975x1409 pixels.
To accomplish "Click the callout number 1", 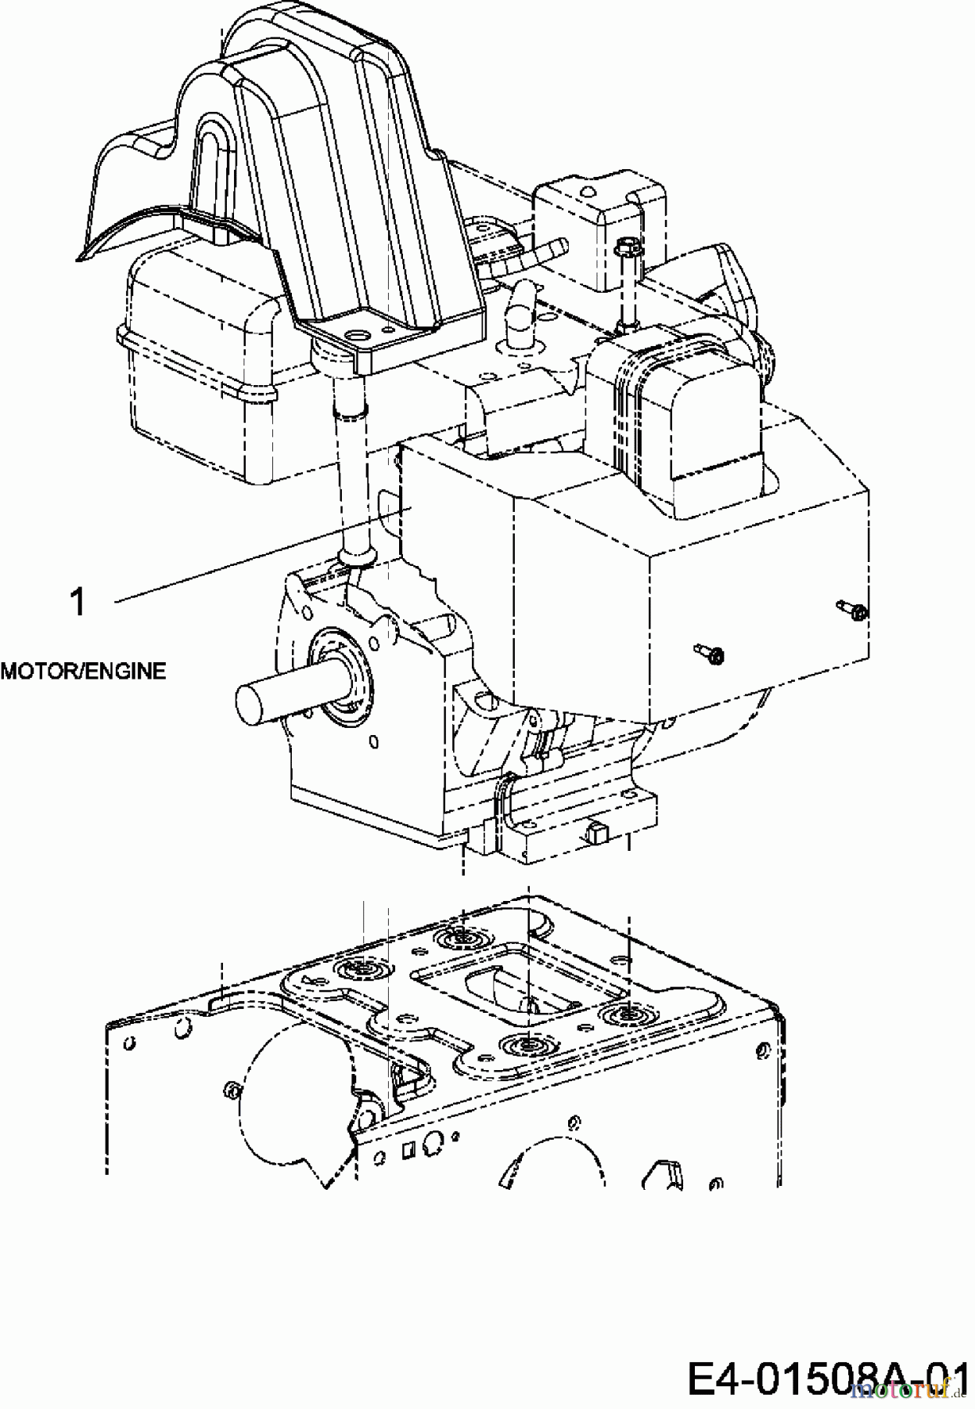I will point(77,603).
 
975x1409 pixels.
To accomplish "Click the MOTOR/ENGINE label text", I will point(84,671).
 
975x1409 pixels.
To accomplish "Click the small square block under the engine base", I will point(596,832).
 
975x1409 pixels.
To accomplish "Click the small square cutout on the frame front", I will point(407,1150).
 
